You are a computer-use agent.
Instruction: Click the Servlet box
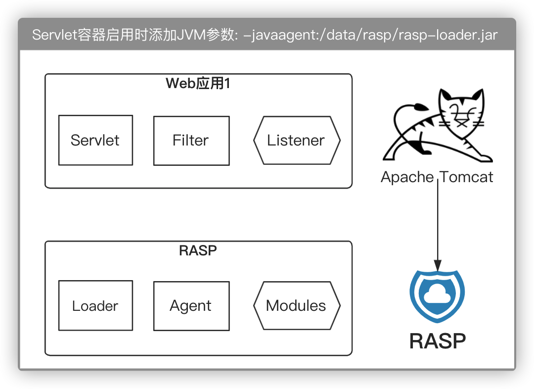(95, 140)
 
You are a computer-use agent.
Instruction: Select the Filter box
(191, 141)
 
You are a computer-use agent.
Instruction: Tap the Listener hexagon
(297, 141)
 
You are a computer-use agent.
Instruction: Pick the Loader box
(95, 305)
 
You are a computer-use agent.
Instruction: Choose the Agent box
(191, 306)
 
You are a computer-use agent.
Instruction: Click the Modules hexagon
(297, 306)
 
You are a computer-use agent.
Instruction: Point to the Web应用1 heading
(198, 84)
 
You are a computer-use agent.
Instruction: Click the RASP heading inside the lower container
(198, 250)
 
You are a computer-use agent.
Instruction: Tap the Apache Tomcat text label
(437, 177)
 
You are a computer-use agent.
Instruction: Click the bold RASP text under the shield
(438, 341)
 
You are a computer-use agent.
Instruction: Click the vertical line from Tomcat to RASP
(438, 223)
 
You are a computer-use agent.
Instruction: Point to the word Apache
(407, 177)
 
